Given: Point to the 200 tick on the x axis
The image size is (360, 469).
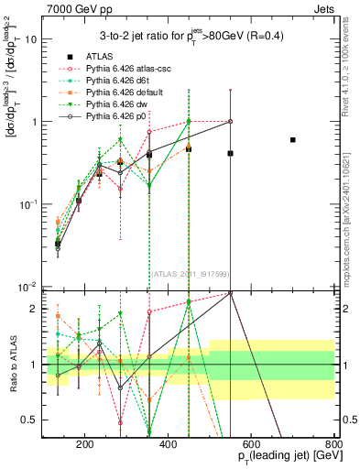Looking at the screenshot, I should pos(85,445).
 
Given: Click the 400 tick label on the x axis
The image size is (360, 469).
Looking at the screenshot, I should pos(169,445).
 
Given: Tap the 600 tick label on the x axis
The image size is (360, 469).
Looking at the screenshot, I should pos(252,445).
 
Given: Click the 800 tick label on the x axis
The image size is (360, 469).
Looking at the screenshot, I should pos(333,445).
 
